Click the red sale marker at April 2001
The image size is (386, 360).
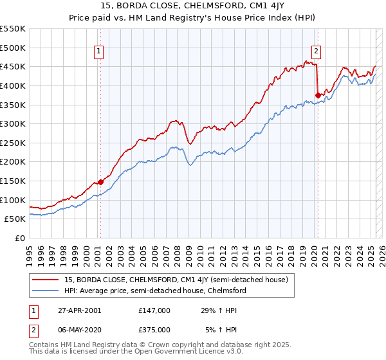[100, 182]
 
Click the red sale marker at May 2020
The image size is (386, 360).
[317, 96]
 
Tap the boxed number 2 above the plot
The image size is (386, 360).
[317, 52]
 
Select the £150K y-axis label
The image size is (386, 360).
[13, 181]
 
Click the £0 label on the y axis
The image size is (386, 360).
[20, 238]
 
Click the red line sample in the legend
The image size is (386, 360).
[45, 280]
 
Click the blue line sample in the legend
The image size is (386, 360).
[45, 291]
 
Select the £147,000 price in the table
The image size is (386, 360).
[154, 310]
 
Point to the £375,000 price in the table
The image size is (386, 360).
[154, 330]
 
